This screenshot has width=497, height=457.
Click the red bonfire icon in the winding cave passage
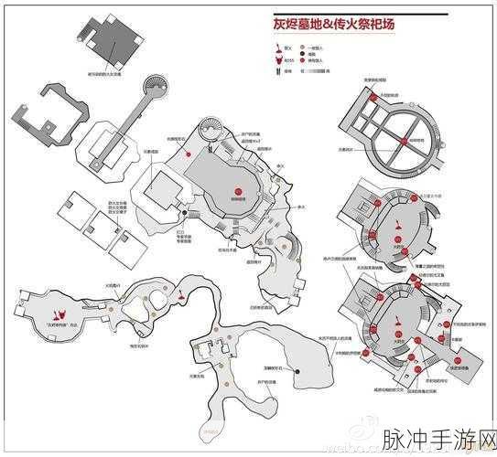pyautogui.click(x=184, y=299)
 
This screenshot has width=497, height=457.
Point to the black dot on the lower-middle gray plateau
pyautogui.click(x=299, y=370)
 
